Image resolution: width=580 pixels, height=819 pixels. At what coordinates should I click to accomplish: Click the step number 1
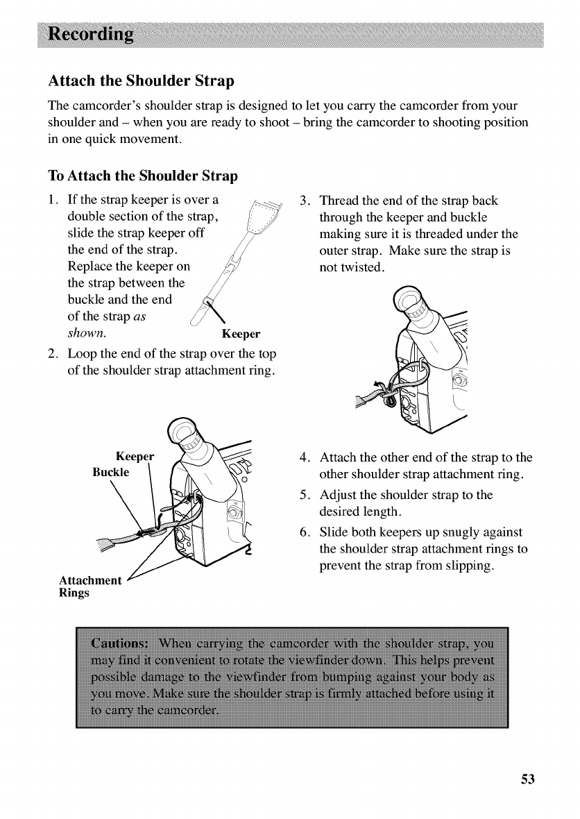coord(51,201)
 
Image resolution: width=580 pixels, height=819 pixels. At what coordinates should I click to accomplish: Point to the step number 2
coord(51,347)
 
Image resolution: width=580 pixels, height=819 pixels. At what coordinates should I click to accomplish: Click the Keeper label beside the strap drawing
coord(240,332)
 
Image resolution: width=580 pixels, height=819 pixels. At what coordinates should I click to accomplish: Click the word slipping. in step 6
coord(466,566)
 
